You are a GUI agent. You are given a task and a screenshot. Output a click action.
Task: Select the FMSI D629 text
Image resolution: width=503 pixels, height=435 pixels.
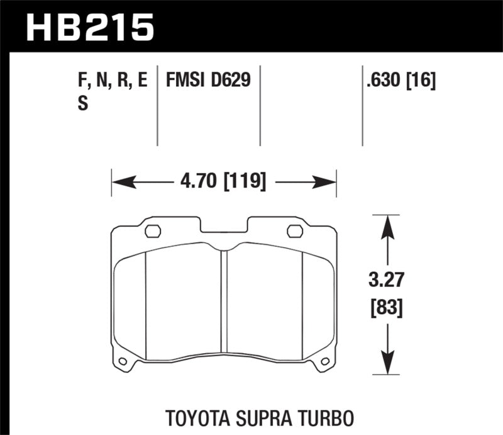207,81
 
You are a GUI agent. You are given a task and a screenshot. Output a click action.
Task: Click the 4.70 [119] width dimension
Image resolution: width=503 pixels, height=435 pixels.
223,183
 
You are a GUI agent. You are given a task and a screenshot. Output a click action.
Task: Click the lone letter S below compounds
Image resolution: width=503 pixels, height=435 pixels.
82,105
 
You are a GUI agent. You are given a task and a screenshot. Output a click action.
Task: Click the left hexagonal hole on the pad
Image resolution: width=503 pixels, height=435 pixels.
152,231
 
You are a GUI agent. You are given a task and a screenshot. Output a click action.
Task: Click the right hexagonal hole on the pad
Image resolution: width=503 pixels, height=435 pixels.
294,231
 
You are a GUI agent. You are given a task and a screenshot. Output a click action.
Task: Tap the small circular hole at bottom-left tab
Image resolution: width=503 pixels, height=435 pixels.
123,361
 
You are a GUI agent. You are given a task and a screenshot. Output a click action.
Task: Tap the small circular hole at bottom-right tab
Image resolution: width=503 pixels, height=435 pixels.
325,361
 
